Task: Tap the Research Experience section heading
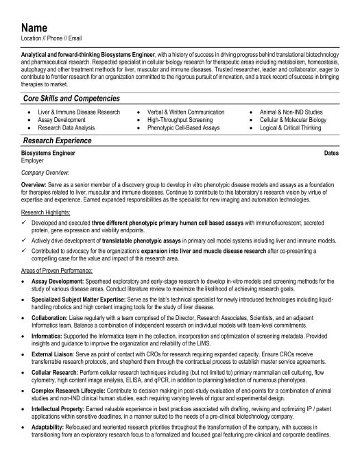coord(58,140)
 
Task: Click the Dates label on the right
coord(331,154)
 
